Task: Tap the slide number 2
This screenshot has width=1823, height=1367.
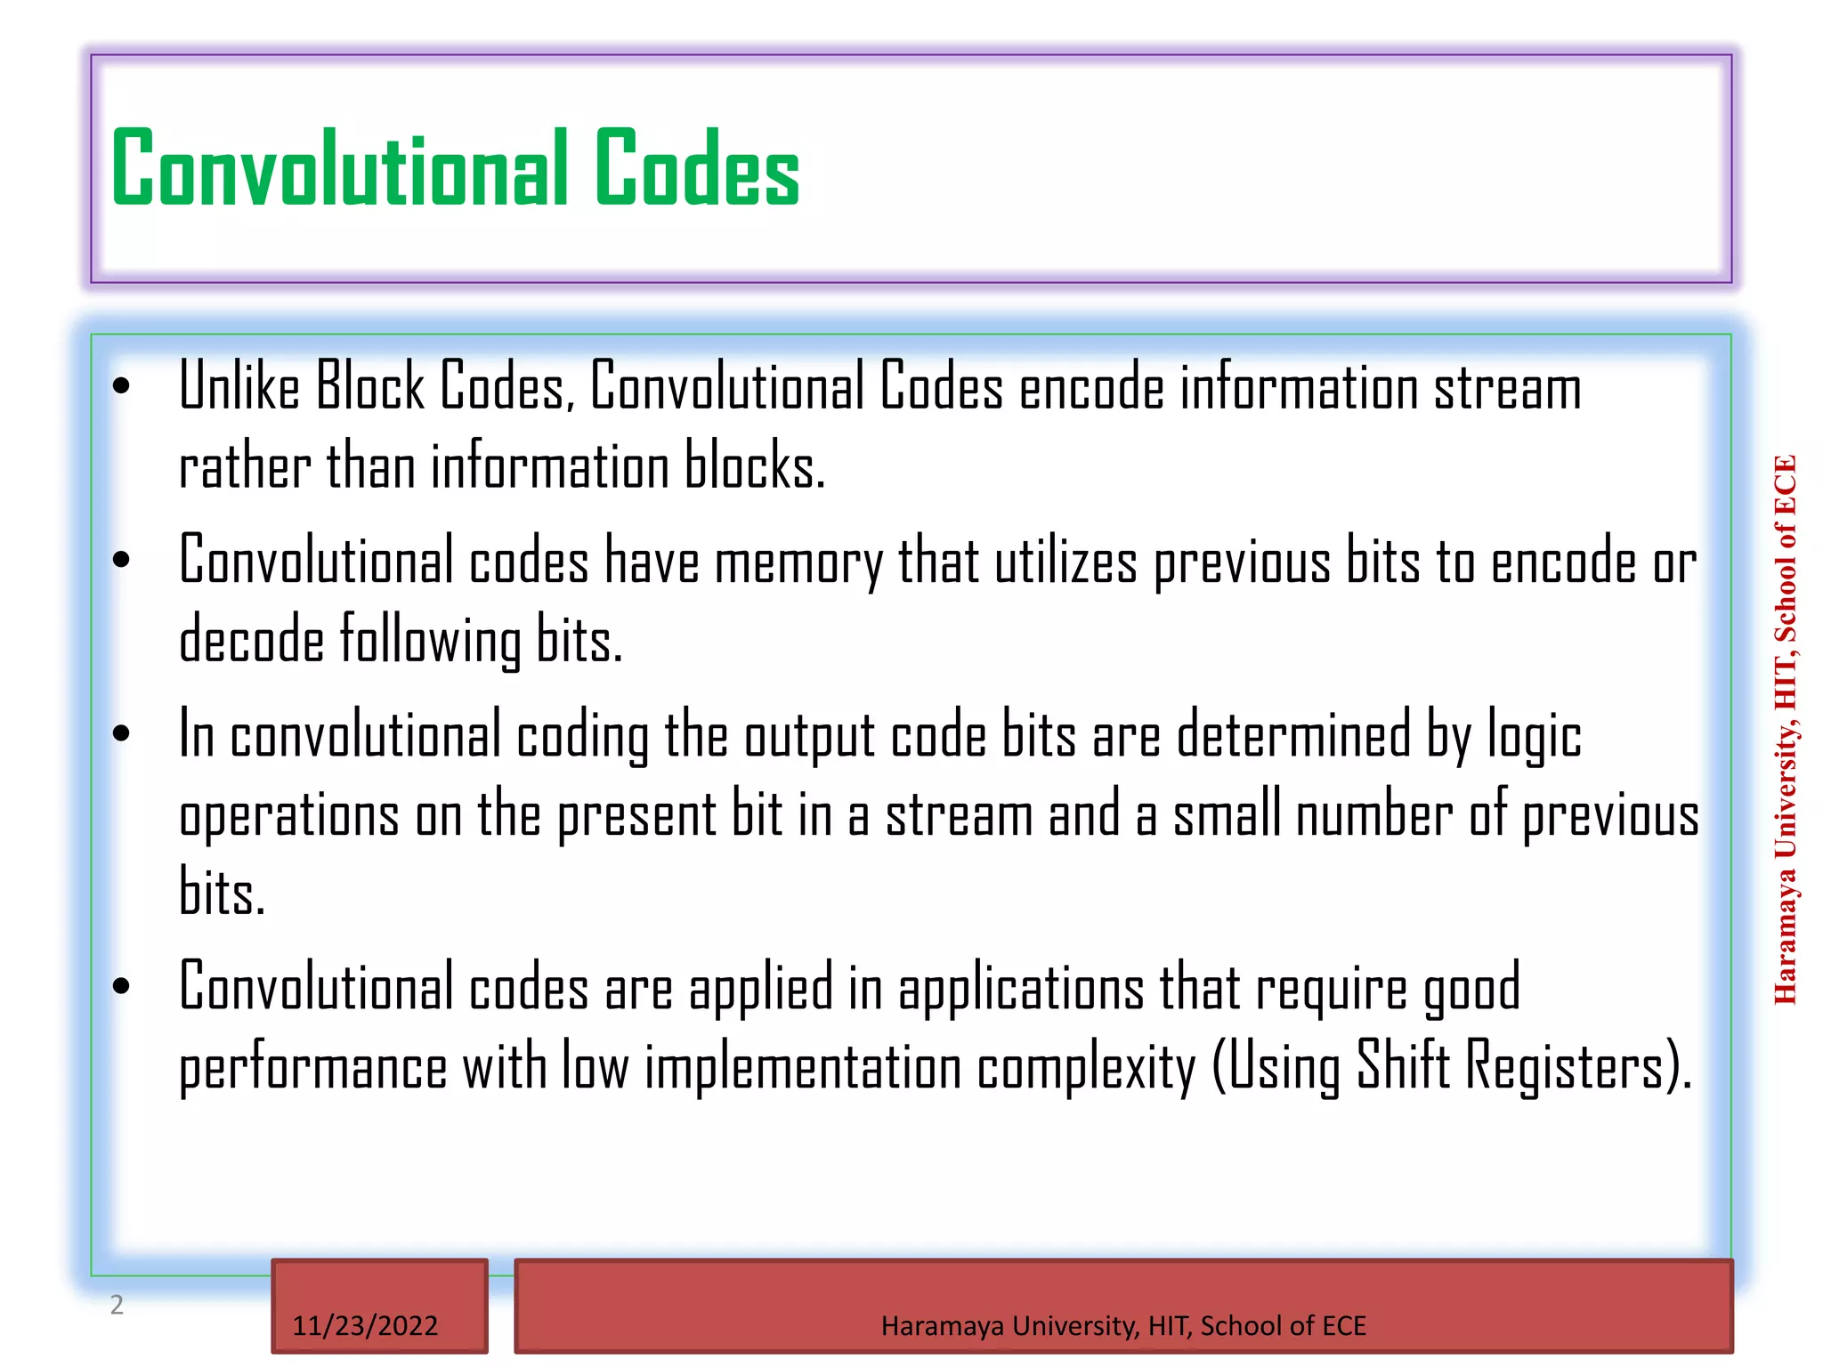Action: [117, 1305]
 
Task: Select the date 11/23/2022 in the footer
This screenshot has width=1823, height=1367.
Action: [365, 1326]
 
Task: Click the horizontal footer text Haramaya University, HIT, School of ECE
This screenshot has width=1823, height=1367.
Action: [1123, 1326]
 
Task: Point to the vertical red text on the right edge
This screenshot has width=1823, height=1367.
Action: [1785, 730]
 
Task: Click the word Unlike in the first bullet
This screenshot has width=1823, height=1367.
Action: [239, 387]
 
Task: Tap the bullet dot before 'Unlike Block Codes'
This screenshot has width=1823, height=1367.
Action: [122, 386]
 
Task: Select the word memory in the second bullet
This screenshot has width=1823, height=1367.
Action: [798, 562]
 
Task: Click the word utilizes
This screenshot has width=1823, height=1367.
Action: [1065, 562]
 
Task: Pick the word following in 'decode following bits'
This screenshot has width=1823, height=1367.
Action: [431, 641]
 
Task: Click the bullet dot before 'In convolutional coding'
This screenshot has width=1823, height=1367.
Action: [122, 734]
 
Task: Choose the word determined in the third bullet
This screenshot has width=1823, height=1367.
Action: [1294, 735]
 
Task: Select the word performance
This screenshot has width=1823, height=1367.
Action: [312, 1067]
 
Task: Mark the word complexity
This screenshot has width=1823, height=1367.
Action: [1086, 1067]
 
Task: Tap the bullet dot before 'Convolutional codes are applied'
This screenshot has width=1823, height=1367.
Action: [122, 986]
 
